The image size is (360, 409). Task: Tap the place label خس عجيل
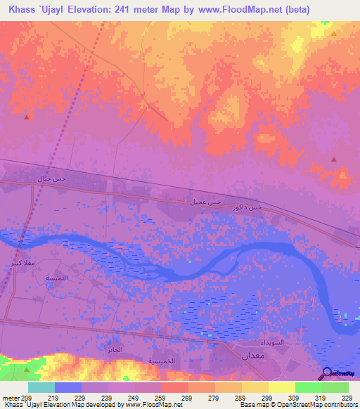click(206, 202)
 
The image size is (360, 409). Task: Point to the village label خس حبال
click(51, 180)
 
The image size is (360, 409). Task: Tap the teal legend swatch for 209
click(41, 387)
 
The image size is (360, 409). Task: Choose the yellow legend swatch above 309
click(281, 387)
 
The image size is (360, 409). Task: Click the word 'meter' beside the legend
click(11, 397)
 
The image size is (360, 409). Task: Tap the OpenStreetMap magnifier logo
click(328, 373)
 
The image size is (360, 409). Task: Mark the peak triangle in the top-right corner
click(334, 32)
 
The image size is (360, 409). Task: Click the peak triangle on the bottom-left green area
click(27, 368)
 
